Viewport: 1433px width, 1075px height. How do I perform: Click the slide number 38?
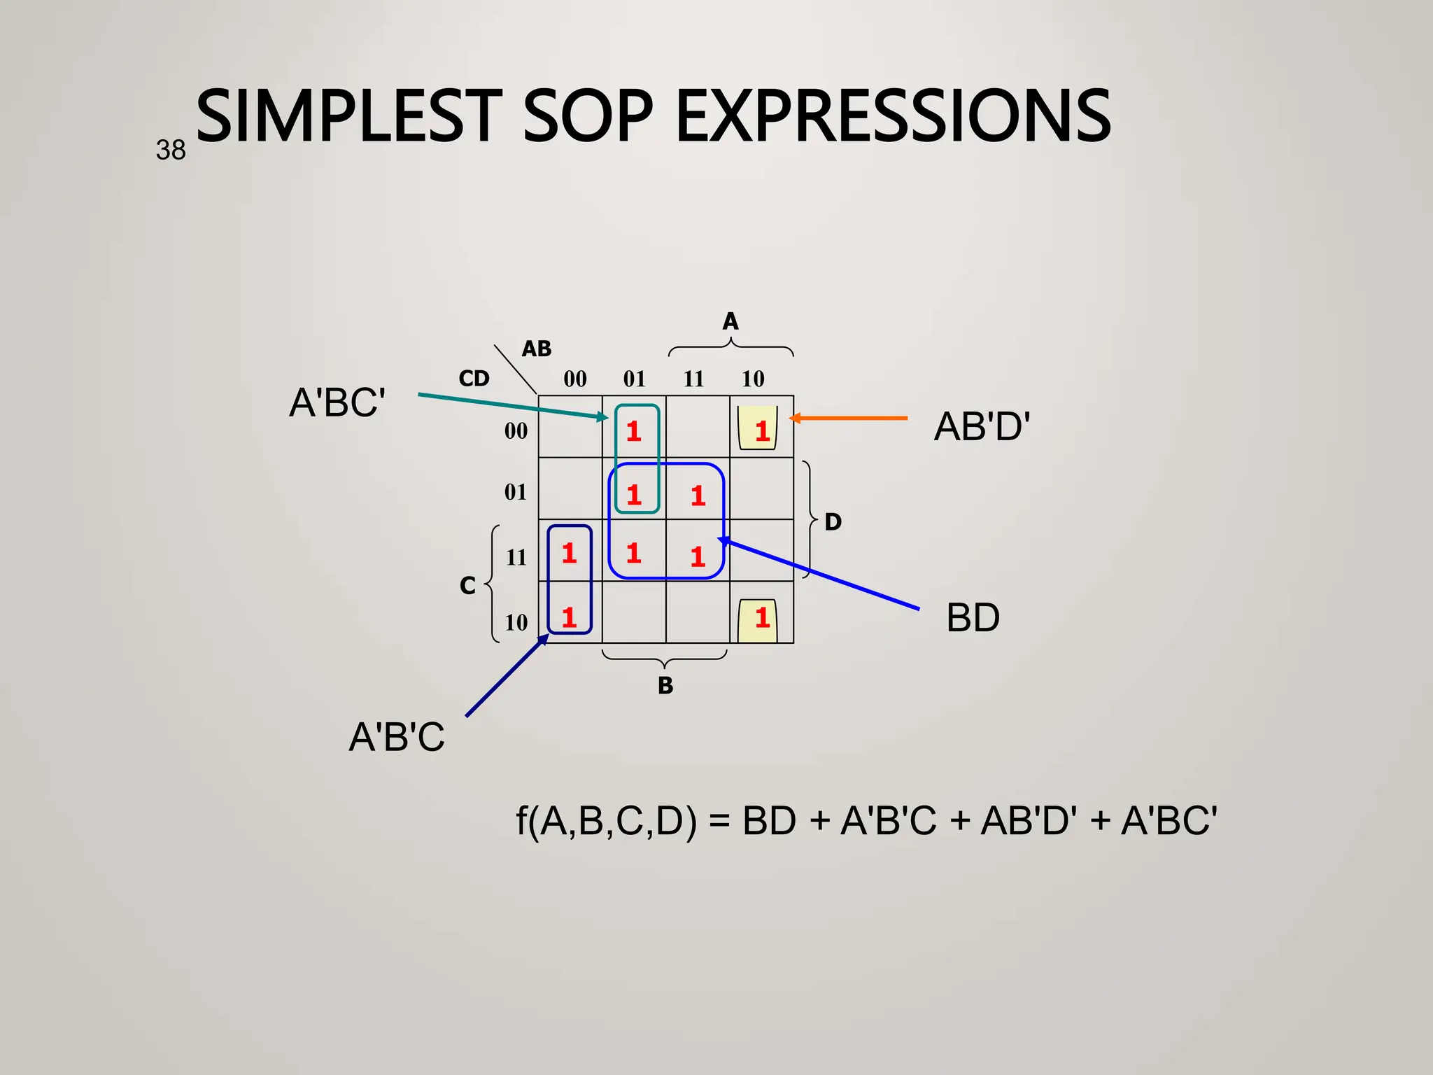point(171,150)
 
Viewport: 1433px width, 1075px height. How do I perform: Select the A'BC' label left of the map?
point(337,403)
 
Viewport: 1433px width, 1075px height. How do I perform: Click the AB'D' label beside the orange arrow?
point(982,426)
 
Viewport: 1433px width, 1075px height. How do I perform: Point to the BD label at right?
point(973,618)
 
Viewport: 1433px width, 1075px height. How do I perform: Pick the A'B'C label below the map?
point(397,737)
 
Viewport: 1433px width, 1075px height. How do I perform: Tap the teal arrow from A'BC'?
point(511,406)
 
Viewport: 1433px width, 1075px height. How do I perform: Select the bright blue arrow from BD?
point(819,574)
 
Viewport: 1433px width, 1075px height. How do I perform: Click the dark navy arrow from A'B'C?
point(505,676)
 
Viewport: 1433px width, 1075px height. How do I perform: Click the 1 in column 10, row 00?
point(762,430)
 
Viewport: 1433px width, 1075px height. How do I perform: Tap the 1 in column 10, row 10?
point(762,617)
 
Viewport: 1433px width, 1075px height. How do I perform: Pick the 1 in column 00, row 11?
point(569,554)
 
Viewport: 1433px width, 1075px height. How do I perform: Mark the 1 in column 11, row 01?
point(698,496)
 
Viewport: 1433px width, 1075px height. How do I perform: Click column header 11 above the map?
point(693,379)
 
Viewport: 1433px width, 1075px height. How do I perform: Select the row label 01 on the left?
point(516,492)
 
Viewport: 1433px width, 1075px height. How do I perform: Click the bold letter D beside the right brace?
point(833,521)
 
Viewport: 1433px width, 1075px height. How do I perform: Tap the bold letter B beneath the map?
point(665,685)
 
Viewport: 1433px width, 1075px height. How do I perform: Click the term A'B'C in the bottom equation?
point(888,821)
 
